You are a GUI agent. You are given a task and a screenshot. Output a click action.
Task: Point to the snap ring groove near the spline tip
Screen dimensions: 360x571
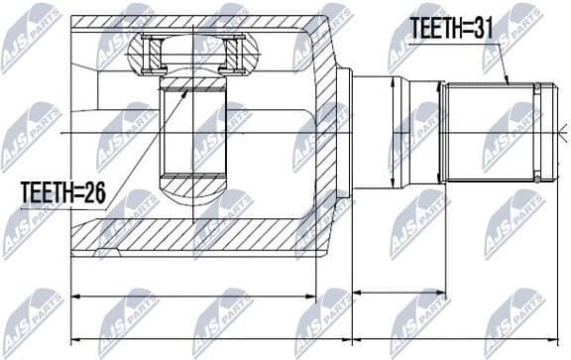click(537, 132)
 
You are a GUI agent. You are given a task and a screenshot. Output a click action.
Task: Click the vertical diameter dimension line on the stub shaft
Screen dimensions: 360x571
click(396, 132)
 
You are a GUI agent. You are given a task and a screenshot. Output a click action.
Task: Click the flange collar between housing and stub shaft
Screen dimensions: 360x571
click(345, 132)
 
